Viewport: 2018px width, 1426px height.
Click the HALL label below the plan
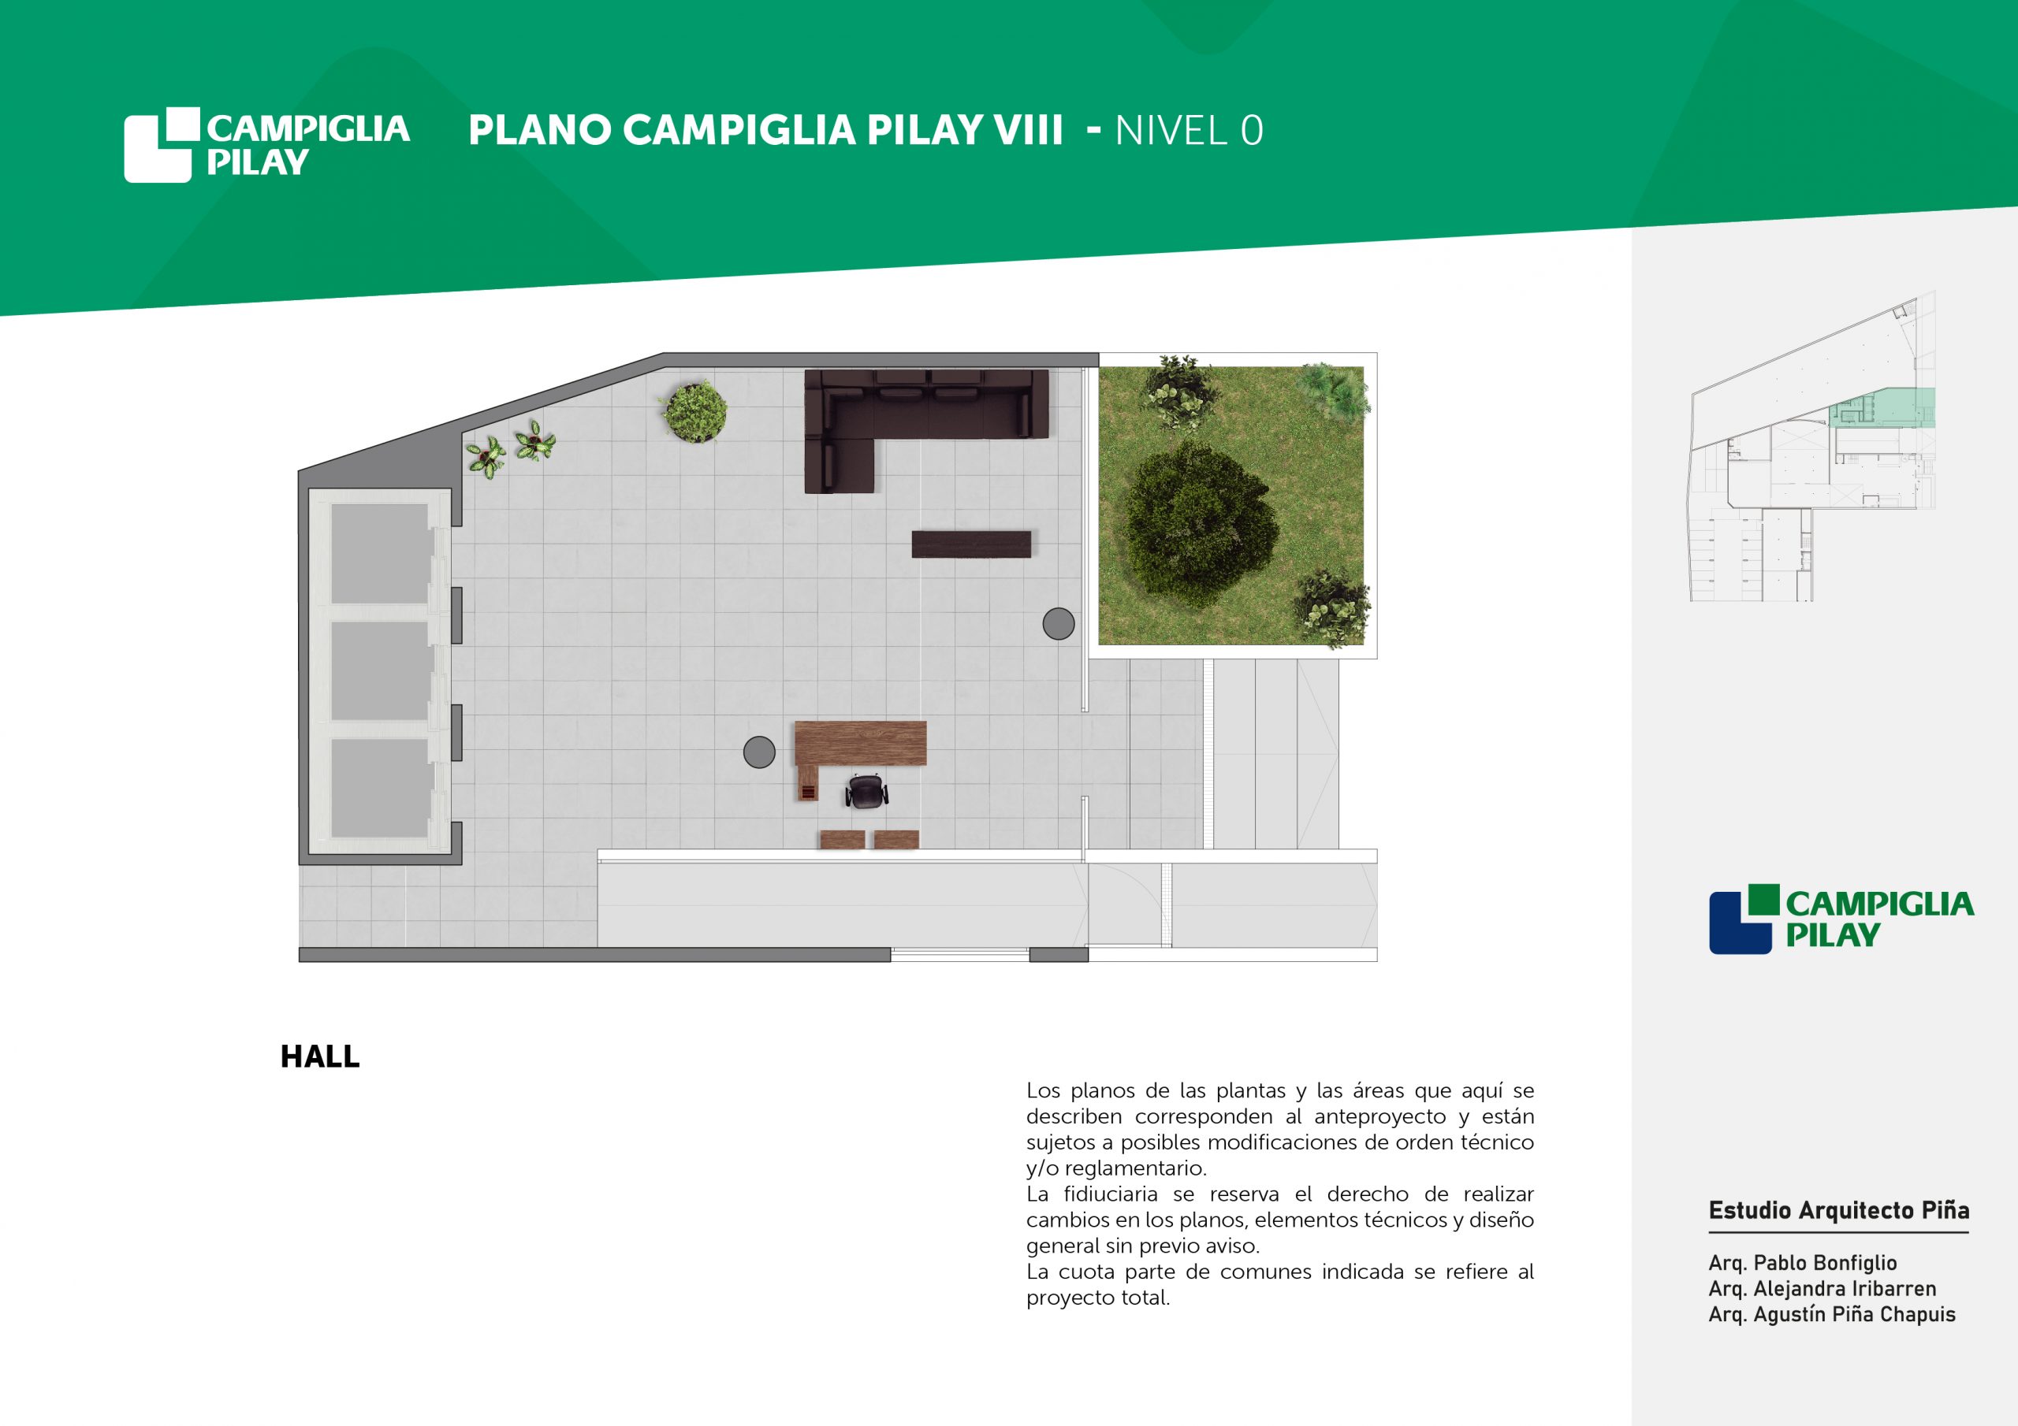pos(320,1056)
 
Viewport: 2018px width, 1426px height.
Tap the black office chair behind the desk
pos(866,791)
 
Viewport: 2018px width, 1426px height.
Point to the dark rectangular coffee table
pos(971,544)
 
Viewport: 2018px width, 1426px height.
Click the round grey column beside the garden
pos(1058,624)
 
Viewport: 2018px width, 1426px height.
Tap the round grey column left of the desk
pos(759,752)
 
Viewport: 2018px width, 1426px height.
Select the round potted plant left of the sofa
pos(694,411)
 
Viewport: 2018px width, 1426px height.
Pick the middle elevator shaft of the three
pos(380,671)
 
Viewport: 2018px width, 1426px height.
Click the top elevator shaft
pos(380,554)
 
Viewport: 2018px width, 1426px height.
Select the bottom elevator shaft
pos(380,788)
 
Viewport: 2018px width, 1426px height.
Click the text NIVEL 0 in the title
pos(1190,131)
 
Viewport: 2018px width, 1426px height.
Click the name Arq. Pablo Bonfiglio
pos(1803,1263)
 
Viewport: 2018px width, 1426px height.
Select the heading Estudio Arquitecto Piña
pos(1839,1211)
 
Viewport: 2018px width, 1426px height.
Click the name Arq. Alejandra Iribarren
pos(1822,1289)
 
